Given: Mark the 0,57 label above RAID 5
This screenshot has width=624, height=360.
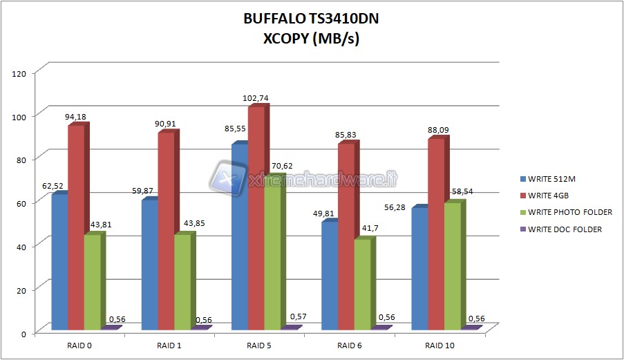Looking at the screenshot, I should click(x=299, y=316).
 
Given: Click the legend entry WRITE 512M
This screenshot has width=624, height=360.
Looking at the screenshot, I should click(x=551, y=180).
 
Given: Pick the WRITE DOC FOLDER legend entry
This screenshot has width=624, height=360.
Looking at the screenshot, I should click(x=565, y=229).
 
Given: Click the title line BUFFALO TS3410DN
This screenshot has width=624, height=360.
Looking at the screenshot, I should click(x=311, y=20).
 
